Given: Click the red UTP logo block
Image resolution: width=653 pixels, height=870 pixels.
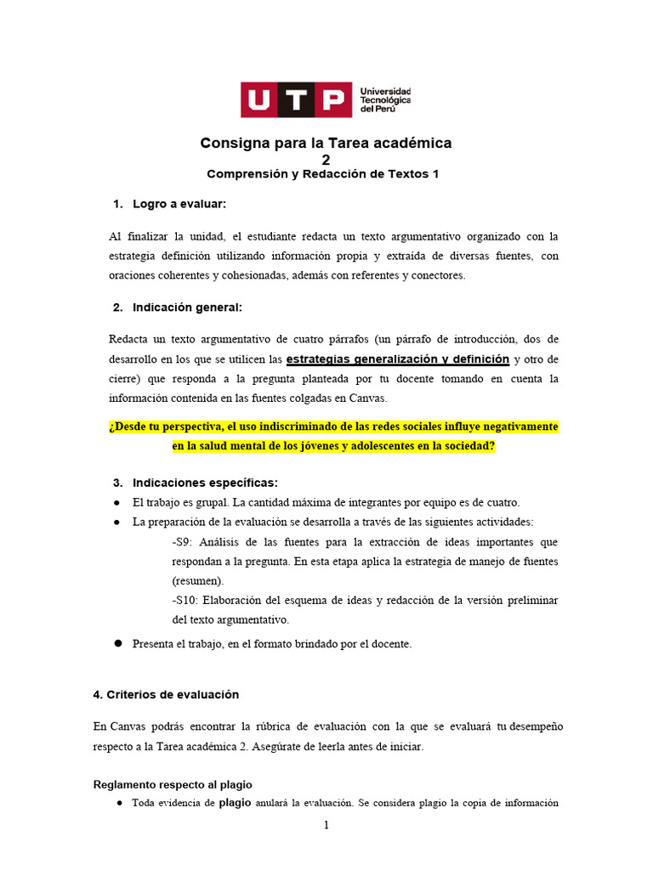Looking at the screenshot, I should [296, 99].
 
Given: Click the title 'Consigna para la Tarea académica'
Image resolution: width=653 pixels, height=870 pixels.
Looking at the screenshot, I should [326, 144].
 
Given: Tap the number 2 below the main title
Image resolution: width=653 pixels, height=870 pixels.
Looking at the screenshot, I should [326, 160].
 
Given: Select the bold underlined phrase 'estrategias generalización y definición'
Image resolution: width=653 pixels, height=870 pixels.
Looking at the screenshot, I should [398, 359].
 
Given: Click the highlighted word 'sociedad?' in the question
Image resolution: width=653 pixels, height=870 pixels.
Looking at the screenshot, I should [467, 445].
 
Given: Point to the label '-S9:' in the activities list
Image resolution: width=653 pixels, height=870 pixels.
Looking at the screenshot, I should [182, 542].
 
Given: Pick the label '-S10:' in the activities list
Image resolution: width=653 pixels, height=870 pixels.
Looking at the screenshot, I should [185, 601].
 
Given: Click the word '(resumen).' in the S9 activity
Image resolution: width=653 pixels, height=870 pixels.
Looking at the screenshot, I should [198, 581].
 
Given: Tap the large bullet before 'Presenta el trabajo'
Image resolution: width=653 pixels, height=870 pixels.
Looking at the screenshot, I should [119, 643].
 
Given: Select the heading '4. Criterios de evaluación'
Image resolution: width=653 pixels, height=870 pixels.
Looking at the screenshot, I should [166, 694].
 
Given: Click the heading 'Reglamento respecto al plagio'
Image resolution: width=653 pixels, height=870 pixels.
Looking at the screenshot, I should [172, 784].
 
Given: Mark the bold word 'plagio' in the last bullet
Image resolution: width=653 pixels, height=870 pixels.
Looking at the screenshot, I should [236, 802].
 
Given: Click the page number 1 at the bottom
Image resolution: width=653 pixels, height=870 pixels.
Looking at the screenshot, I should [326, 826].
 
